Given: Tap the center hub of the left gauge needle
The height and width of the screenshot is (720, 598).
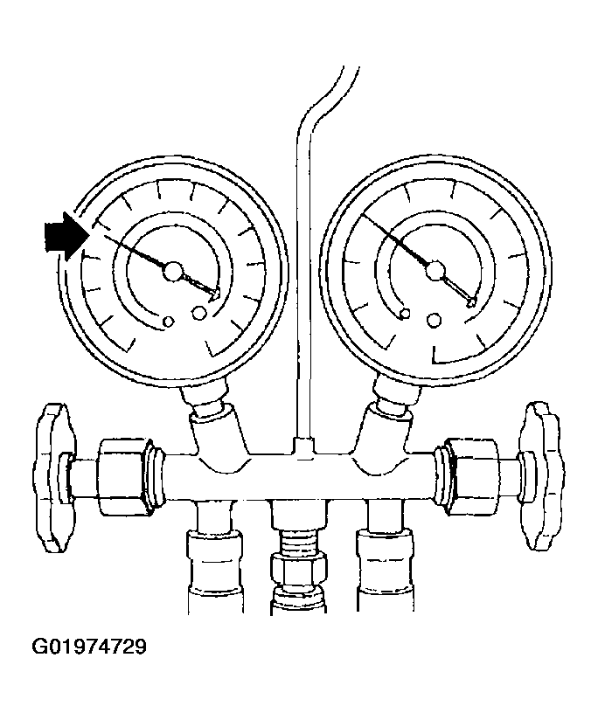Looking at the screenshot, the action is (x=173, y=272).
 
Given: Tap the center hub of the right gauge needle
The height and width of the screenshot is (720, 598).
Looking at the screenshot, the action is (x=435, y=271).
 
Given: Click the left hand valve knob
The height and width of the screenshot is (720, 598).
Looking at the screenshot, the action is (x=53, y=477).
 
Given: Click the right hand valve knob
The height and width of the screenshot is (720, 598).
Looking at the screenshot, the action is (x=542, y=475).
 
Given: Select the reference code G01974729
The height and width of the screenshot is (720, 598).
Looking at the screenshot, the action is (x=89, y=647).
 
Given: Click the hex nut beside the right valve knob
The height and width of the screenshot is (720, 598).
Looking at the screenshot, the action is (x=471, y=475).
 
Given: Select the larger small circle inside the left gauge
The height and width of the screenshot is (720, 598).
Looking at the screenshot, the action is (x=198, y=313).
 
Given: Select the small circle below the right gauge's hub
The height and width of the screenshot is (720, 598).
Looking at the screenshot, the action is (x=432, y=320).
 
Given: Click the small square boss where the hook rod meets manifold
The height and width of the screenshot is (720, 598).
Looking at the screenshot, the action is (x=303, y=446).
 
